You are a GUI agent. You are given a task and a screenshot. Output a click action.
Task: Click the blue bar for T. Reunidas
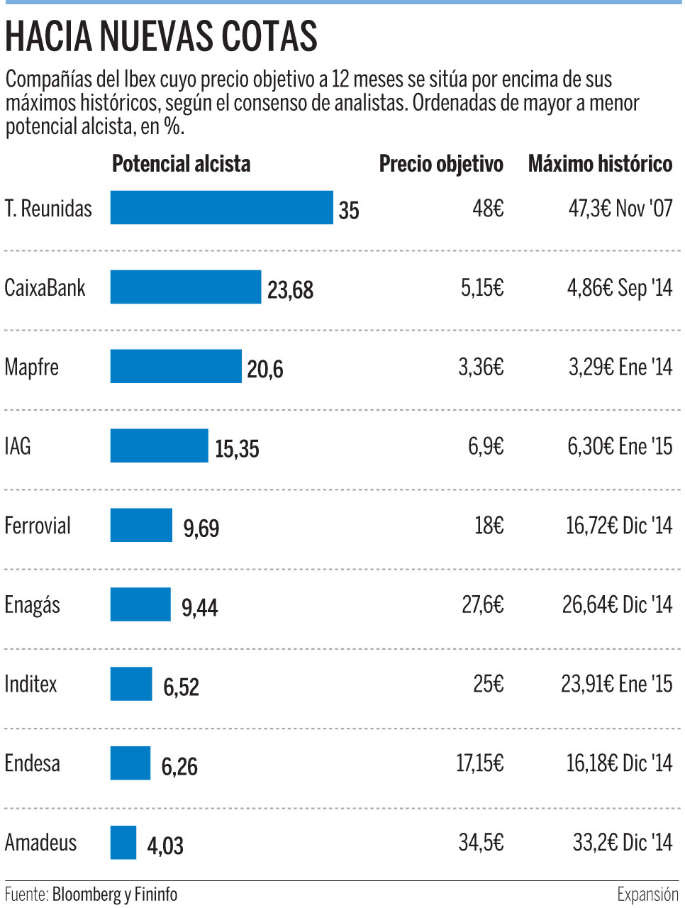pyautogui.click(x=221, y=208)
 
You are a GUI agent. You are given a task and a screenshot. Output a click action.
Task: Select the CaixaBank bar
pyautogui.click(x=185, y=287)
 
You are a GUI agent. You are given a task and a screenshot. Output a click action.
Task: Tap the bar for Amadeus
pyautogui.click(x=123, y=843)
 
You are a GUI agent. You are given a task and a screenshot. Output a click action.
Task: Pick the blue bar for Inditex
pyautogui.click(x=130, y=684)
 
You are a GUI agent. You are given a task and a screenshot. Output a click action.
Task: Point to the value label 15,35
pyautogui.click(x=237, y=449)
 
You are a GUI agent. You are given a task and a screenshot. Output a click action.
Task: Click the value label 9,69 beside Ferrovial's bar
pyautogui.click(x=201, y=528)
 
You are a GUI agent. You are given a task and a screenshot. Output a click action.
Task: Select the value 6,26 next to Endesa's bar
pyautogui.click(x=179, y=767)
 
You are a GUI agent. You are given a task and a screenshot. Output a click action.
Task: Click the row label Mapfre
pyautogui.click(x=32, y=367)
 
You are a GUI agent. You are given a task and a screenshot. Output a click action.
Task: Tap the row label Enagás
pyautogui.click(x=33, y=605)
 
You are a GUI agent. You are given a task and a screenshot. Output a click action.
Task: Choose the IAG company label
pyautogui.click(x=18, y=446)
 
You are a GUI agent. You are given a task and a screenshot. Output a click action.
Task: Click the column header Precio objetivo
pyautogui.click(x=441, y=164)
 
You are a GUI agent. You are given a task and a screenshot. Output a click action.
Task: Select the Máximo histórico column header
pyautogui.click(x=600, y=164)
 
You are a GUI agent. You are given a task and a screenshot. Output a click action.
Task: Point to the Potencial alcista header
pyautogui.click(x=182, y=164)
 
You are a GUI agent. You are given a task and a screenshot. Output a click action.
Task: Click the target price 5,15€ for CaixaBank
pyautogui.click(x=482, y=287)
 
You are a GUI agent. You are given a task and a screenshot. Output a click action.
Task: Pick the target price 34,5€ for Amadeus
pyautogui.click(x=481, y=843)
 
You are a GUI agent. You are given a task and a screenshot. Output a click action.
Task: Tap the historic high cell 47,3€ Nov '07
pyautogui.click(x=620, y=209)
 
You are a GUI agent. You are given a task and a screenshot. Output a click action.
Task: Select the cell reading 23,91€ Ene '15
pyautogui.click(x=616, y=684)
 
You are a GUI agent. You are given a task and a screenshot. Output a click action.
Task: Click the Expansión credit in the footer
pyautogui.click(x=647, y=895)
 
